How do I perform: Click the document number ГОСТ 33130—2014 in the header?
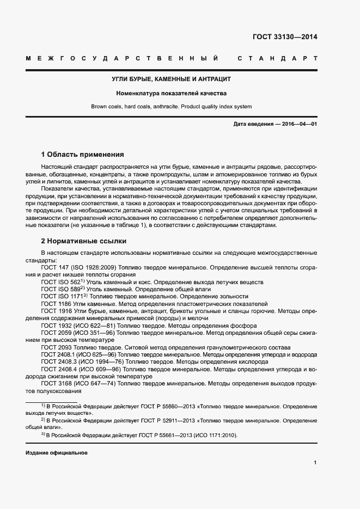285,38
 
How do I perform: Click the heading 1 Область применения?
82,155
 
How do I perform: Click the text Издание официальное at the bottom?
56,453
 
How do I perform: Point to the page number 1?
315,463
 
